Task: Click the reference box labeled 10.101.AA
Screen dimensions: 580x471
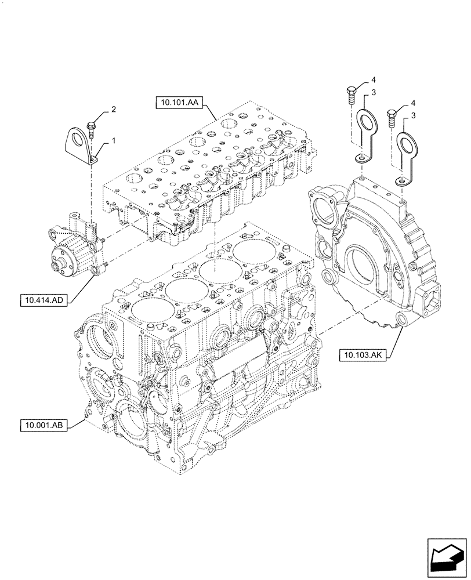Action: [178, 104]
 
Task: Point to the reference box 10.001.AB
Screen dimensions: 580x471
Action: [44, 426]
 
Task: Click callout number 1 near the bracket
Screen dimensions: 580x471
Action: [114, 140]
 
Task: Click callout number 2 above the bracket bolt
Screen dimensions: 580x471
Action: [114, 109]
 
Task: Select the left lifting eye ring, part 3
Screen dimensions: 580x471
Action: [367, 123]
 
